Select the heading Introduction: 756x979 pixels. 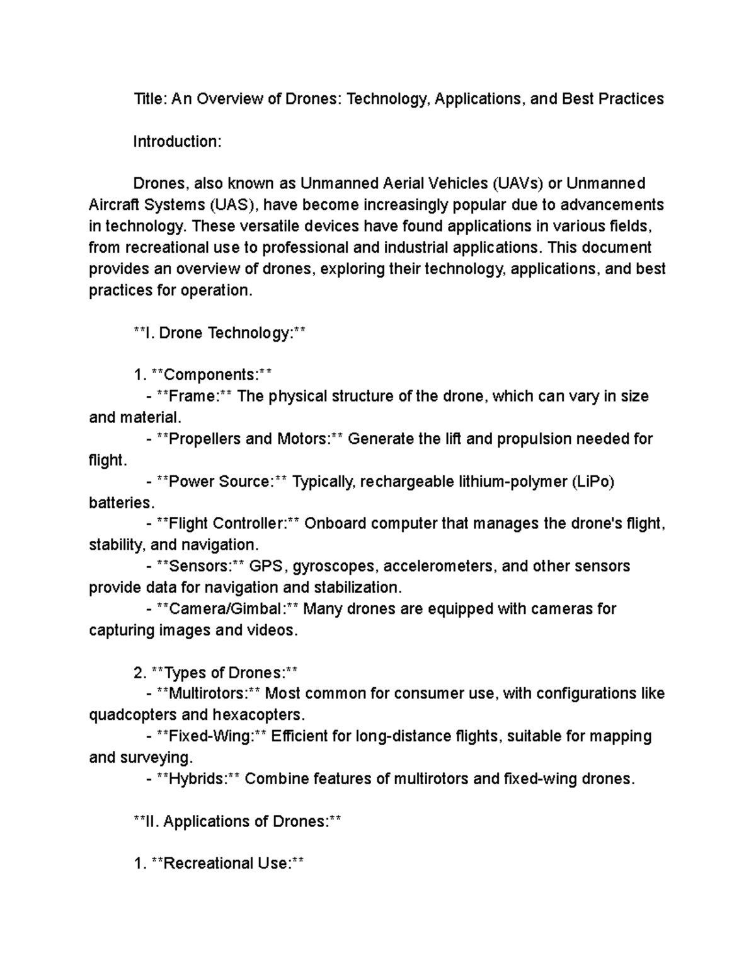177,141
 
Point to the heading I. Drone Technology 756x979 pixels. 219,333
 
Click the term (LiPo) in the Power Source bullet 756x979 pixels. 592,482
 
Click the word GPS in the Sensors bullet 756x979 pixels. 266,566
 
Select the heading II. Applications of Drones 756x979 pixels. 238,821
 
